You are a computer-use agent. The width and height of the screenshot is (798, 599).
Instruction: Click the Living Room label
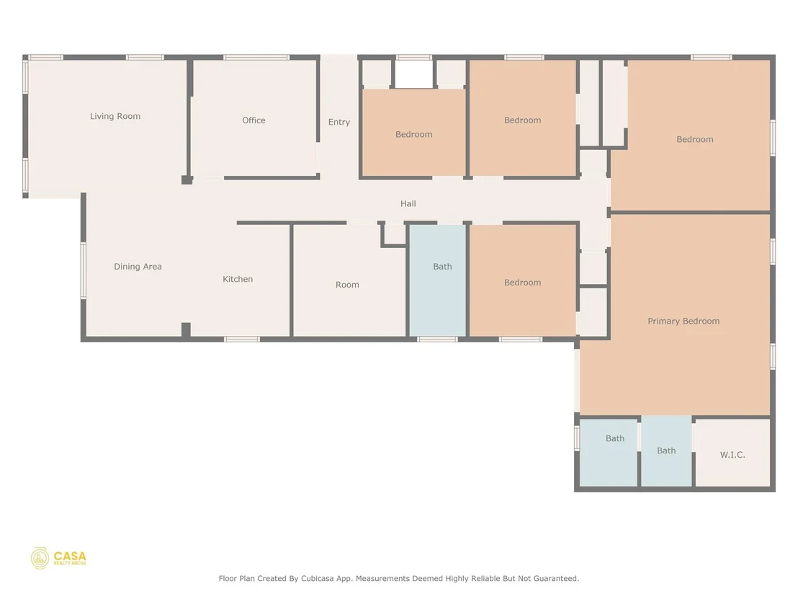click(x=115, y=116)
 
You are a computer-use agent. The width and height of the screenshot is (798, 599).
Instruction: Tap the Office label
click(x=254, y=120)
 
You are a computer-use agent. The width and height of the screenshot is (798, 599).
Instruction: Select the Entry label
click(x=339, y=123)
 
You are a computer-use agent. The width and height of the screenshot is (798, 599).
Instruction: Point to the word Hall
click(x=408, y=204)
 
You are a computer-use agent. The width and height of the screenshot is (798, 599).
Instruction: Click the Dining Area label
click(x=138, y=267)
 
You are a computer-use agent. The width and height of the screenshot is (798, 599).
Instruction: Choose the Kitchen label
click(x=238, y=279)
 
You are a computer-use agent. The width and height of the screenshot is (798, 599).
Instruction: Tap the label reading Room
click(x=347, y=285)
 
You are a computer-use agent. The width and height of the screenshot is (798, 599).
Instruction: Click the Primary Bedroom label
click(x=683, y=321)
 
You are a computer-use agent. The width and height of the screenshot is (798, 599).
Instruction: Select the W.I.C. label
click(x=732, y=455)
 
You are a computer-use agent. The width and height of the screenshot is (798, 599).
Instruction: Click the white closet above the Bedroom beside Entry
click(x=413, y=74)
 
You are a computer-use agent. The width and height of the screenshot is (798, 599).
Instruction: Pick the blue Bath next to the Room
click(x=438, y=280)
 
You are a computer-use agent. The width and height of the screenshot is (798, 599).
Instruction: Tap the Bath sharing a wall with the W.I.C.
click(x=666, y=451)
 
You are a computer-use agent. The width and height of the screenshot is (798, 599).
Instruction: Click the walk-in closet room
click(x=733, y=452)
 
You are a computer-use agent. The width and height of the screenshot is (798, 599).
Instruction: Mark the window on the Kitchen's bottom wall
click(x=242, y=340)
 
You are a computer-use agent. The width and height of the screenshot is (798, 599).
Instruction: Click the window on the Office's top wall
click(x=256, y=58)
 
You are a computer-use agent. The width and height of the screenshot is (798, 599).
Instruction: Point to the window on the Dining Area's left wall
click(x=84, y=270)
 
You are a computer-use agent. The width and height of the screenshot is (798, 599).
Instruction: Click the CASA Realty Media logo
click(x=58, y=558)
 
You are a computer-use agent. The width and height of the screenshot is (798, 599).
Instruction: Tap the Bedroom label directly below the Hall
click(x=523, y=283)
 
